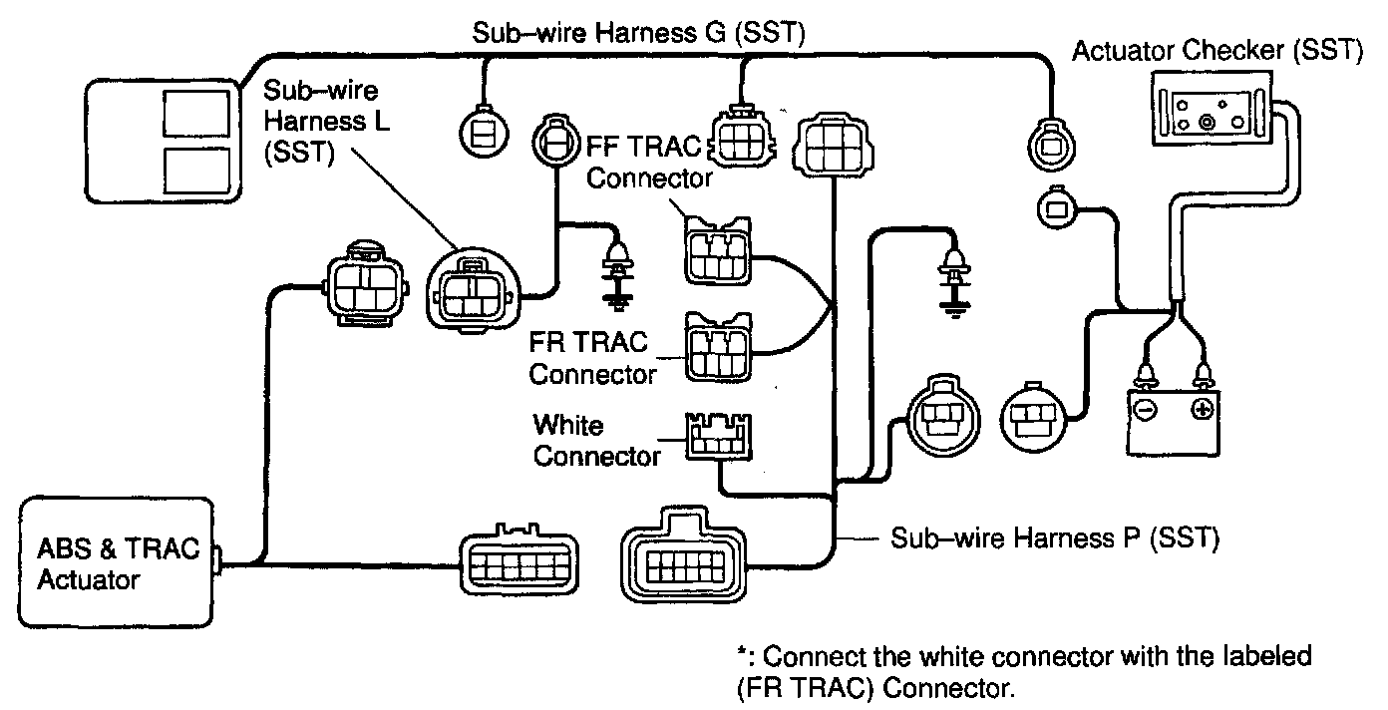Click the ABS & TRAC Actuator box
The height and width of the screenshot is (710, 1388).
116,562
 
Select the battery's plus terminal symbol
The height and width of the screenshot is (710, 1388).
1203,409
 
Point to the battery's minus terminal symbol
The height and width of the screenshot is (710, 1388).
1146,409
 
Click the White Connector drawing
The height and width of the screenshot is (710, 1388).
718,437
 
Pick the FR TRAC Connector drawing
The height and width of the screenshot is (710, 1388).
718,348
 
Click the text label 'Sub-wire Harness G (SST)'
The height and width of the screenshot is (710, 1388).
639,32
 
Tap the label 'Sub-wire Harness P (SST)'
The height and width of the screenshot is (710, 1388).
1055,537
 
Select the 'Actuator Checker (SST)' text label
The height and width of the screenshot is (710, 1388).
1217,50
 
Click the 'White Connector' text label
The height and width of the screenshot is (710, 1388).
596,441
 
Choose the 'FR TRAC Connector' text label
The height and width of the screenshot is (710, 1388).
592,358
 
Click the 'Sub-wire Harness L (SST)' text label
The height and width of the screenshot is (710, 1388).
326,122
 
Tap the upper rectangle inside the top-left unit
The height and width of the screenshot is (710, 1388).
196,114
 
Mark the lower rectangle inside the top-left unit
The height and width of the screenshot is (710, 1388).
196,171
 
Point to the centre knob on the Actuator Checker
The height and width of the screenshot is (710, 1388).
1207,122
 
